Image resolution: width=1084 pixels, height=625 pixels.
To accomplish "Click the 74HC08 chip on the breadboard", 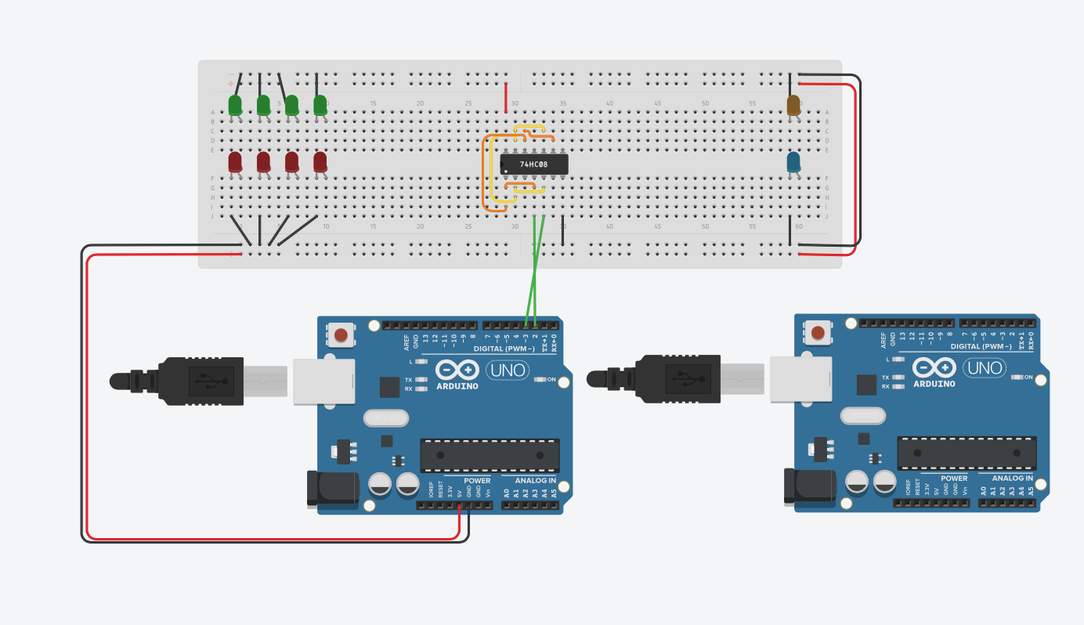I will (534, 164).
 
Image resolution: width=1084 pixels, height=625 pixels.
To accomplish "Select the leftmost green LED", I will (235, 105).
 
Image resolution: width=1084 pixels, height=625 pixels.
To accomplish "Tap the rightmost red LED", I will (320, 161).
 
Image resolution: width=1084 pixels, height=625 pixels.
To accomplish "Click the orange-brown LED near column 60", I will (793, 105).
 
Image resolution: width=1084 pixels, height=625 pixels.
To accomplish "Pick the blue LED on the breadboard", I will (793, 162).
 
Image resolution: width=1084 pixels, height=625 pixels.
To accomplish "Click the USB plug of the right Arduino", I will (674, 379).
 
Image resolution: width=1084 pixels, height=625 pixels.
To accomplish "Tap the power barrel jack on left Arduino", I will (333, 489).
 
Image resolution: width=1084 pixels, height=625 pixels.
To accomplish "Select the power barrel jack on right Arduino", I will (810, 486).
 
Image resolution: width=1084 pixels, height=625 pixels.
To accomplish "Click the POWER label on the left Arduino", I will (477, 480).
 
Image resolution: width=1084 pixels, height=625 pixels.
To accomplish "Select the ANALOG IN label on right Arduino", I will (1012, 478).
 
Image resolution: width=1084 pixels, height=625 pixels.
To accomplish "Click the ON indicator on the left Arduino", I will (540, 380).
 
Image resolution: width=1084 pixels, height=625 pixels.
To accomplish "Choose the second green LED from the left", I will (263, 105).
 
